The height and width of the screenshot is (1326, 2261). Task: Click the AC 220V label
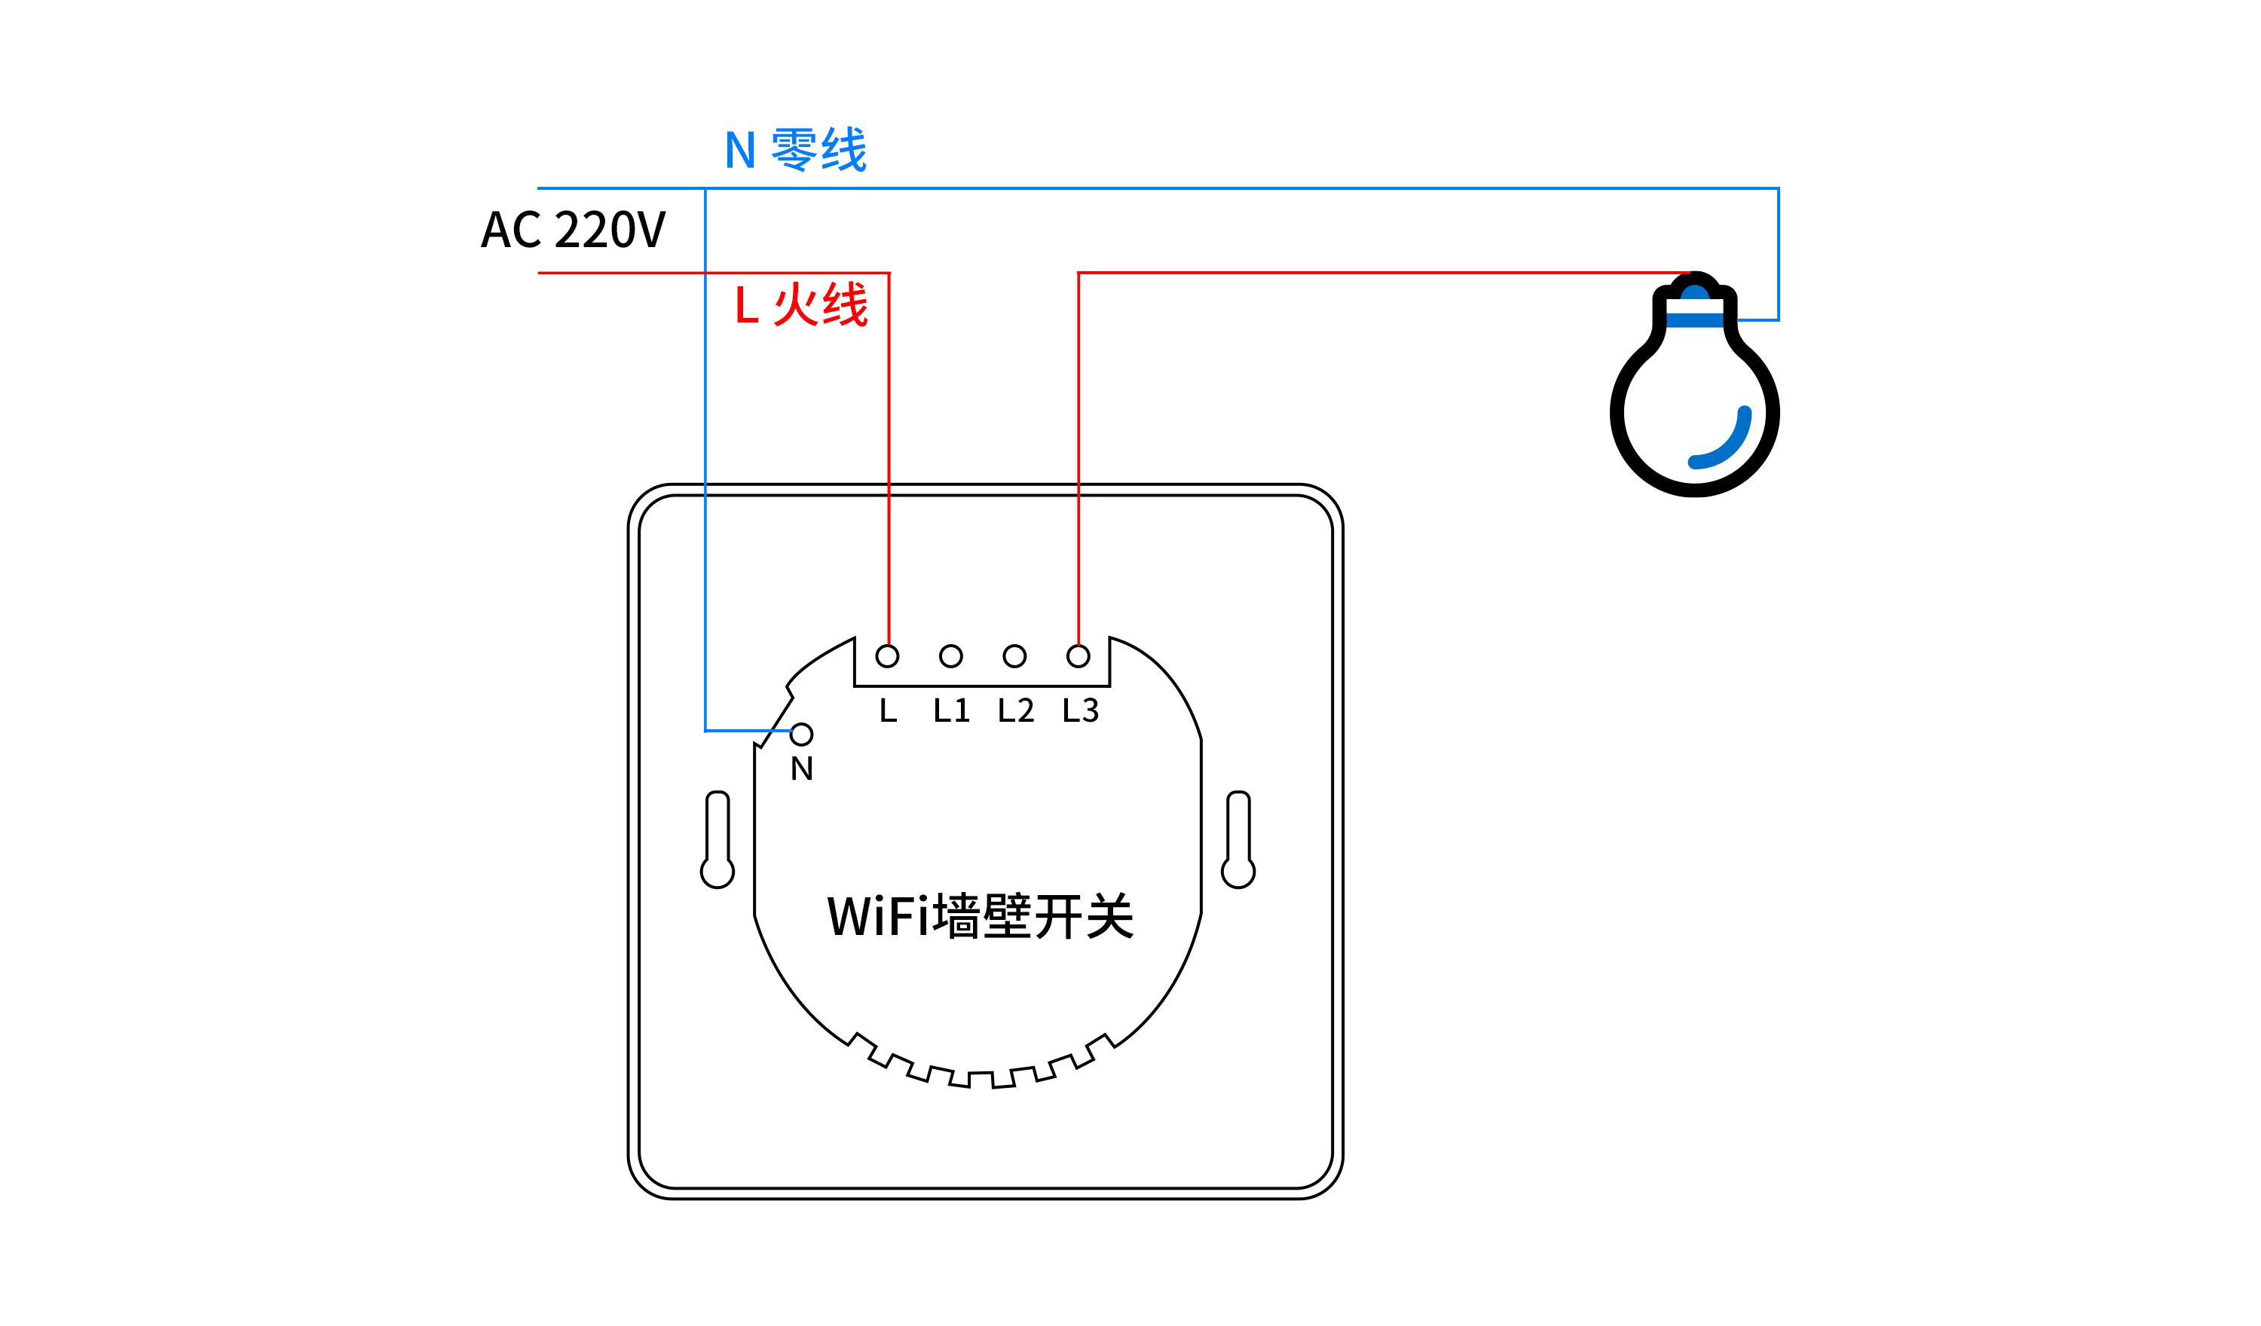tap(574, 229)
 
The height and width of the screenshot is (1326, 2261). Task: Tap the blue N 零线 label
tap(795, 149)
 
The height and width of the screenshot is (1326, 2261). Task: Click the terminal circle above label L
tap(887, 657)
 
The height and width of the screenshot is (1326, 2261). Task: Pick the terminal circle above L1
tap(951, 657)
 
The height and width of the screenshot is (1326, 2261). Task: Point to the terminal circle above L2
tap(1014, 657)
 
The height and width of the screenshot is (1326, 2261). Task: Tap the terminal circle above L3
tap(1078, 657)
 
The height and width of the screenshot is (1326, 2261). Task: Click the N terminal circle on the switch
tap(802, 735)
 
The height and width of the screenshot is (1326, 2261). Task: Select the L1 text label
tap(951, 710)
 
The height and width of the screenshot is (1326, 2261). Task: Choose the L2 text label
tap(1016, 710)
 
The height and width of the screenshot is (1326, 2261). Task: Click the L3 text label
tap(1080, 710)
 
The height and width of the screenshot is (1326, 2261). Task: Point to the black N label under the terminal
tap(802, 768)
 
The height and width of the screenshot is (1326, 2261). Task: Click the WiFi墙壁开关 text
tap(980, 916)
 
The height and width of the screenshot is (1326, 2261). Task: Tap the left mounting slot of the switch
tap(717, 839)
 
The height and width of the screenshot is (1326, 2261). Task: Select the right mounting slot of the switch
tap(1238, 839)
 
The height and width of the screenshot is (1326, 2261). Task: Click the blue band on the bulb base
tap(1695, 320)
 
